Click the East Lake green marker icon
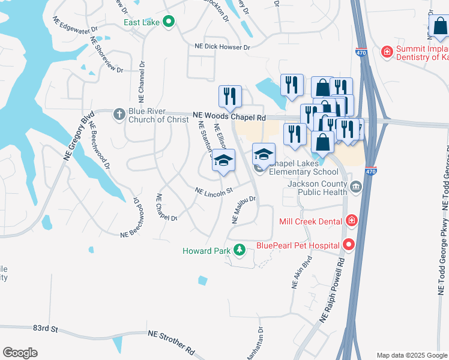click(x=169, y=22)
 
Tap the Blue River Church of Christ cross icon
click(x=119, y=113)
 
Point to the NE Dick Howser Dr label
click(x=221, y=47)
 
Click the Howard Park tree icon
click(x=240, y=250)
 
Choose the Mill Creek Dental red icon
click(x=352, y=221)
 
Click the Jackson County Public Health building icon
click(x=356, y=188)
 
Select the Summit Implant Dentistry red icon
click(x=387, y=52)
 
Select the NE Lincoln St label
click(x=213, y=192)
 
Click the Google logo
click(x=20, y=353)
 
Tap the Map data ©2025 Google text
click(x=411, y=355)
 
